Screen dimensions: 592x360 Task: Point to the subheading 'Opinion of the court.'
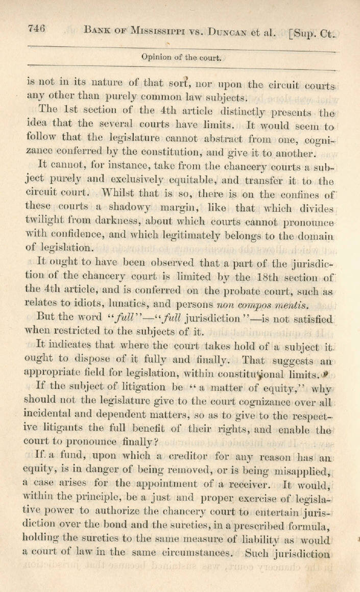click(181, 58)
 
